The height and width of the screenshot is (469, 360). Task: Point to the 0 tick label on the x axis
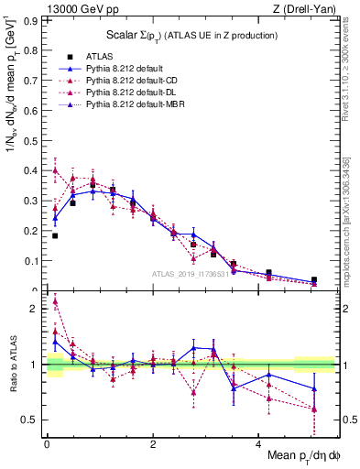(x=47, y=443)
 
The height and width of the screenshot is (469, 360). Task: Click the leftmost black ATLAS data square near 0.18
(x=55, y=236)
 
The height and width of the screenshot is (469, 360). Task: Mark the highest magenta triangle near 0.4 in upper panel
(x=55, y=169)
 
